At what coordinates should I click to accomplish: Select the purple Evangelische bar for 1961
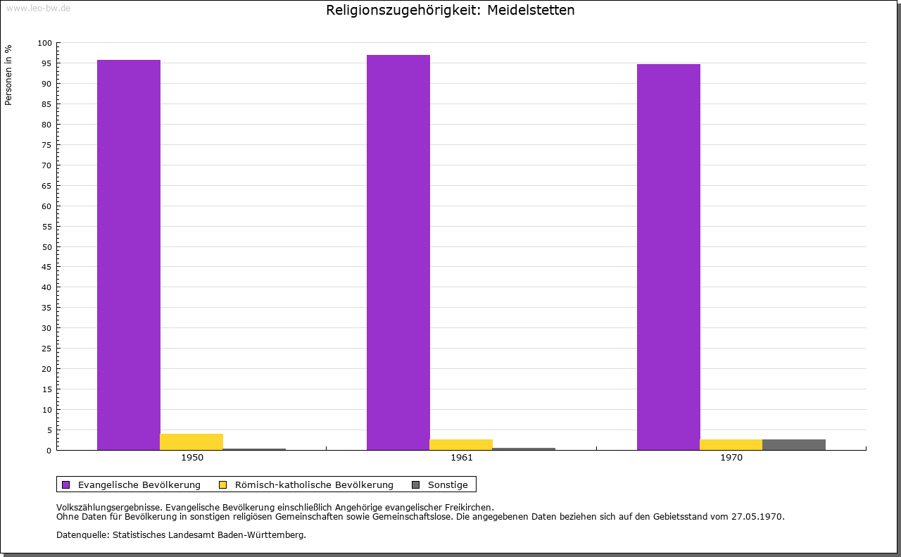click(398, 252)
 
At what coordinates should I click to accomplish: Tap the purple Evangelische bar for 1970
click(668, 257)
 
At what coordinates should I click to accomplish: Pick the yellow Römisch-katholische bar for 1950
click(191, 442)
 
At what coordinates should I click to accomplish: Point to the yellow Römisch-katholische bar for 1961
click(461, 444)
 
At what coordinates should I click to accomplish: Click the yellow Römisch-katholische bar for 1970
click(731, 444)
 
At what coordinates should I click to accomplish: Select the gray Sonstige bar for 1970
click(793, 444)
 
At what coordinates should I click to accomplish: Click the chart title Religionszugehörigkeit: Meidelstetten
click(450, 11)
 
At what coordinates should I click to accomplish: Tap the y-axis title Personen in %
click(8, 75)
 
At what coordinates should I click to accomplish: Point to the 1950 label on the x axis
click(192, 458)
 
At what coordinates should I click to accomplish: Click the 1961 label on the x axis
click(462, 458)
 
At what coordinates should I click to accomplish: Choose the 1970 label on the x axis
click(731, 458)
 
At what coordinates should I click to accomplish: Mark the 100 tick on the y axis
click(45, 43)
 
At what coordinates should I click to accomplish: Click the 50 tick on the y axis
click(47, 246)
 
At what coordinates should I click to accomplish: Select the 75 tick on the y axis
click(47, 145)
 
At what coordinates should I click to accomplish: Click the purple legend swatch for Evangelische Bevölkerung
click(66, 484)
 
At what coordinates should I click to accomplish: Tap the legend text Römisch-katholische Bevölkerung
click(314, 484)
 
